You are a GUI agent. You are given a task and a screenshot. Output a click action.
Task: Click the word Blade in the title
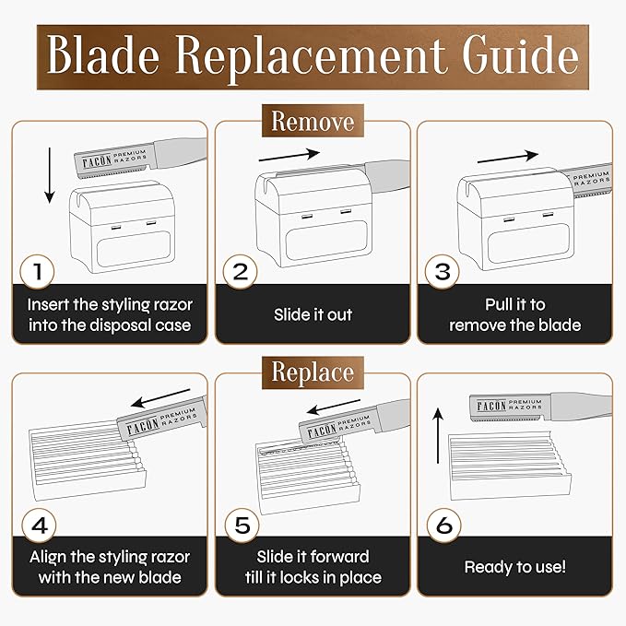point(103,54)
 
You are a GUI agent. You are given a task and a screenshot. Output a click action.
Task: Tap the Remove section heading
point(313,121)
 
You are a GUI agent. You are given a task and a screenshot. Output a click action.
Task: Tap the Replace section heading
point(313,372)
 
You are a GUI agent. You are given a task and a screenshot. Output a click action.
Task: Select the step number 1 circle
point(37,271)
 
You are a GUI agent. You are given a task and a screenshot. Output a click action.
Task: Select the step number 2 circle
point(240,271)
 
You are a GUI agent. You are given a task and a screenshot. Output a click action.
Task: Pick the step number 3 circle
point(442,271)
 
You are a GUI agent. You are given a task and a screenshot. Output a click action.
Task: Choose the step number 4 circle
point(39,525)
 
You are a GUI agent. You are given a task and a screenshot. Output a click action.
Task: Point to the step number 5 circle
point(242,525)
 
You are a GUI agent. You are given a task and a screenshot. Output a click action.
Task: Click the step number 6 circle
point(444,525)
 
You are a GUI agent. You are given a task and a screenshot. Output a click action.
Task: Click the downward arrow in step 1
point(50,175)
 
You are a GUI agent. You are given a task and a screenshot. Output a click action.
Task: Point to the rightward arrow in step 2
point(289,156)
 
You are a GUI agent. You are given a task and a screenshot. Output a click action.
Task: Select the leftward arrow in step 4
point(160,398)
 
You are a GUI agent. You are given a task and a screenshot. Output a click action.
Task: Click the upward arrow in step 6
point(438,435)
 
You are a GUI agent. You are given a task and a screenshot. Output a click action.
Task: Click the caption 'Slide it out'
point(313,314)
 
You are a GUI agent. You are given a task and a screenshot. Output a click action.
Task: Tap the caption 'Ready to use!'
point(515,567)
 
